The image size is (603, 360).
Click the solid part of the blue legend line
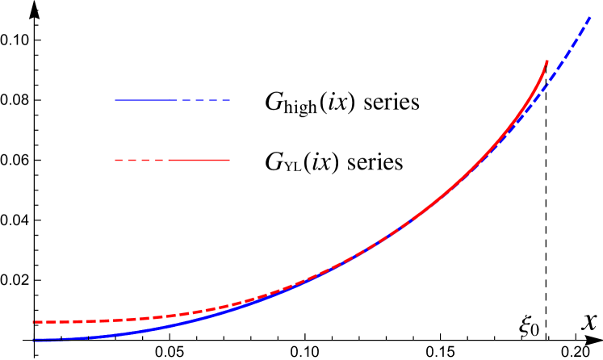145,100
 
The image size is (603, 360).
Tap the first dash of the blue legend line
186,100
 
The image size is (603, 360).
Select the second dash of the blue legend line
199,100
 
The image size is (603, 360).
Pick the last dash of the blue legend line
226,100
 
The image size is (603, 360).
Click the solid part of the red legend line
199,160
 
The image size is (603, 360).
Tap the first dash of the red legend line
119,160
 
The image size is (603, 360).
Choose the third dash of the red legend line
145,160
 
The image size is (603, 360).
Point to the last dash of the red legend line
159,160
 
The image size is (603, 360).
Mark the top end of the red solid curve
547,61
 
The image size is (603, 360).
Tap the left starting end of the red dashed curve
34,322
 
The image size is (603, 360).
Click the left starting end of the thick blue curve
34,340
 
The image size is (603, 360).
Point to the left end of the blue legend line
115,100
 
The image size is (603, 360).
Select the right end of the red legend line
229,160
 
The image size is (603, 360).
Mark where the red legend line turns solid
168,160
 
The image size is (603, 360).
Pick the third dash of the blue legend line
213,100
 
